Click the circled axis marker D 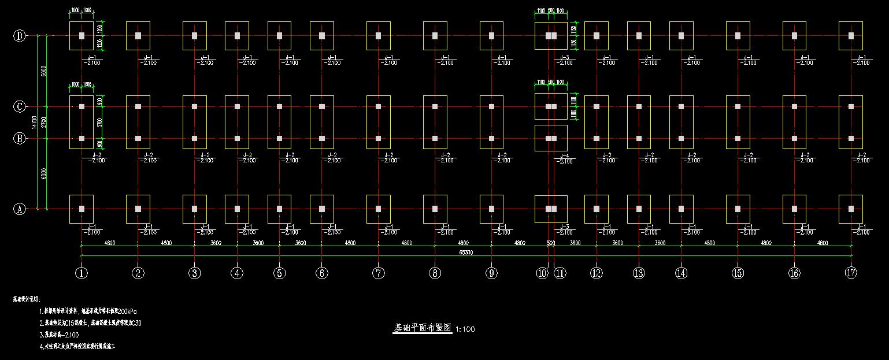point(20,36)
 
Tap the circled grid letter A point(20,209)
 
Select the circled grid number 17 point(850,273)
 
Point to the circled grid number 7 point(379,273)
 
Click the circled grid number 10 point(542,273)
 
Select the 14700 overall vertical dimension point(35,123)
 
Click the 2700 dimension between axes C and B point(45,123)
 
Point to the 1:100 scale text point(465,329)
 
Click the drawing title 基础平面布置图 point(422,328)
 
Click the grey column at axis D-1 point(82,36)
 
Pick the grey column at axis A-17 point(851,209)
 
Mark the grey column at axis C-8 point(435,107)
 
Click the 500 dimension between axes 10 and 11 point(551,243)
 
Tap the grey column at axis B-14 point(681,139)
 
